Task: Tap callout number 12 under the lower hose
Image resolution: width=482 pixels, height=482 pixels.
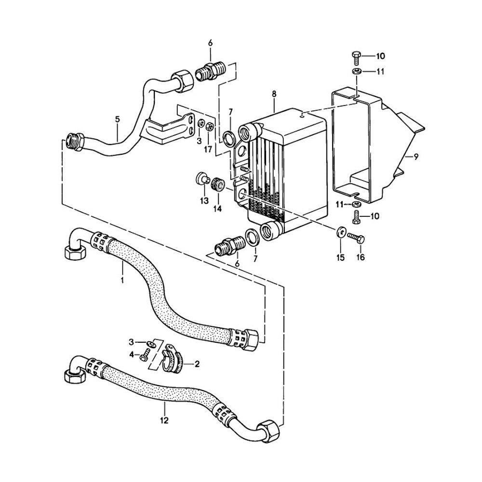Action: click(164, 420)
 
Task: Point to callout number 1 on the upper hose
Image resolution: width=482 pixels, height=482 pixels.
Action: click(122, 280)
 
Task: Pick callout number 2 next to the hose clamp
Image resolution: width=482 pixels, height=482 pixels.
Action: click(196, 364)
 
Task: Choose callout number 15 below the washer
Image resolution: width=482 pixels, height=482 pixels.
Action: click(340, 257)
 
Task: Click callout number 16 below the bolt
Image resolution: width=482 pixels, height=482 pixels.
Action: click(360, 257)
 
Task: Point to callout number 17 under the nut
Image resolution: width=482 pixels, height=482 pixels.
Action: click(208, 150)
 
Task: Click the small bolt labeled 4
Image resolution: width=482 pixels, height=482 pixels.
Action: click(143, 357)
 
